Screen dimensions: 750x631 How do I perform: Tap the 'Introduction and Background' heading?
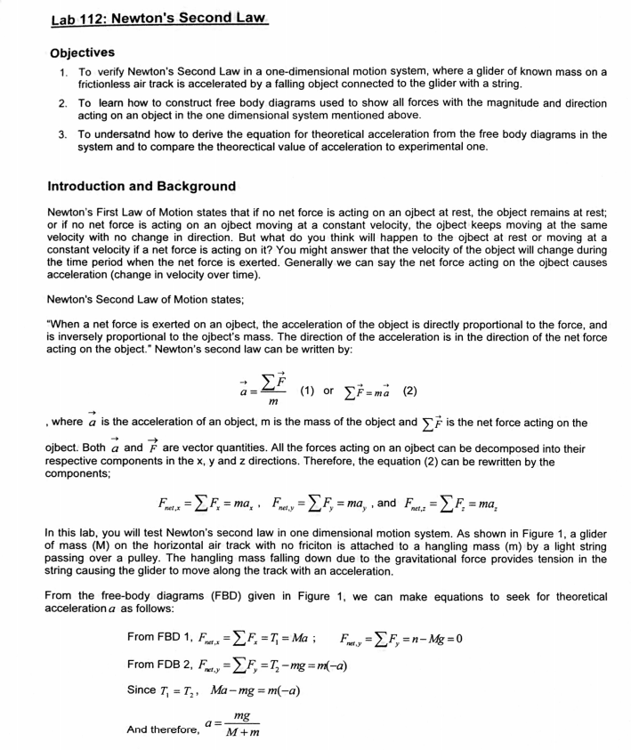142,187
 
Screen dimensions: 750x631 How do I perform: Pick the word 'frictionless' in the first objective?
109,85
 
